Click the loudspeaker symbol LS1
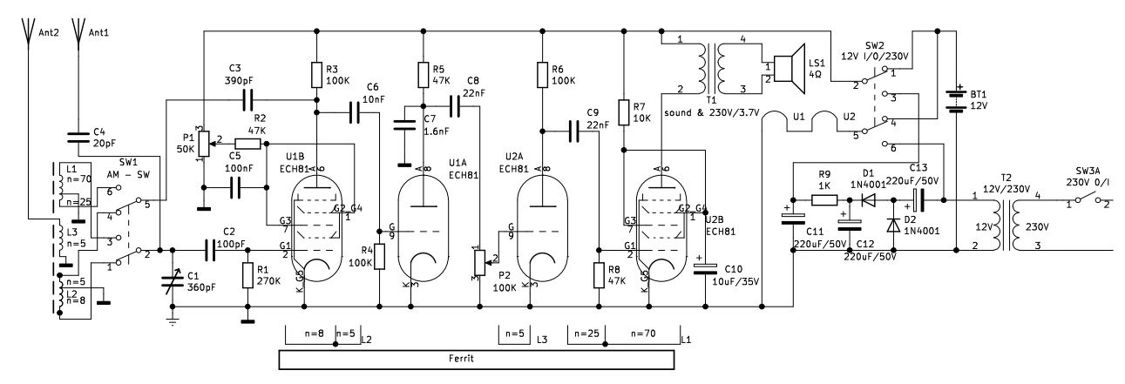click(x=789, y=69)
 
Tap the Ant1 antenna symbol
click(x=78, y=32)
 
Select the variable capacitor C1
click(x=173, y=282)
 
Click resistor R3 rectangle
click(x=317, y=74)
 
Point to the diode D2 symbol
click(x=893, y=225)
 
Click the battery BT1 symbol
click(x=956, y=101)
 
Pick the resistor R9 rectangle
click(x=824, y=200)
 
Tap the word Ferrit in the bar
click(x=461, y=359)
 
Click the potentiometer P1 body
click(x=203, y=144)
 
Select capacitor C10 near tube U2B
click(x=705, y=268)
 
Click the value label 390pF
click(x=239, y=80)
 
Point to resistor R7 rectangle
click(x=623, y=112)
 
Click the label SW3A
click(x=1088, y=172)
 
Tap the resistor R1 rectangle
click(x=247, y=275)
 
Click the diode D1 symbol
click(x=867, y=200)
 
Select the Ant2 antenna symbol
click(x=29, y=32)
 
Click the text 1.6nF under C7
click(x=437, y=131)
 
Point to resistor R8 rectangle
click(x=599, y=275)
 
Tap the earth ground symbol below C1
click(x=173, y=321)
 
